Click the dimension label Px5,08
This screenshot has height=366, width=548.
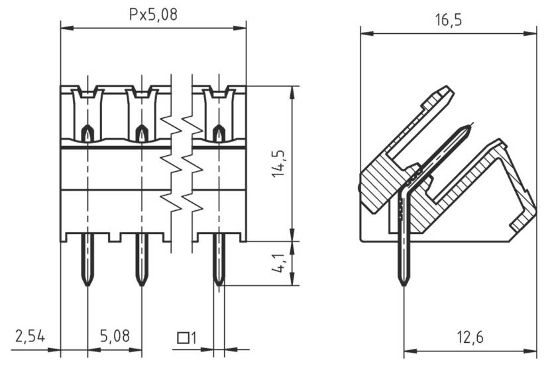pos(153,15)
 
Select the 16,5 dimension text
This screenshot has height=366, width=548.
pos(448,20)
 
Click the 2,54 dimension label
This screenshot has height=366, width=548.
pos(30,336)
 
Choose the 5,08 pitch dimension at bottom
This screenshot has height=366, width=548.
pos(115,336)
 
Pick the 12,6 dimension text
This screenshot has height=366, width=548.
pos(469,337)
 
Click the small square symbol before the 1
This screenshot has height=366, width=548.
pos(182,338)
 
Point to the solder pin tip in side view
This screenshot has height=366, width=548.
pos(404,281)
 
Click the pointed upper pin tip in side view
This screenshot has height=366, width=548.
pos(469,126)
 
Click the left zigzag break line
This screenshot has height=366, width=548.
pos(171,162)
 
